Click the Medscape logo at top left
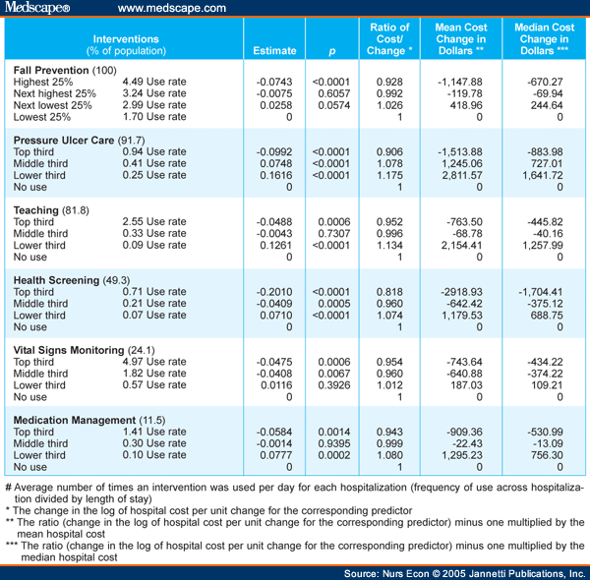[x=37, y=8]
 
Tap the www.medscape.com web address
[x=172, y=8]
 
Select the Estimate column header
[x=274, y=51]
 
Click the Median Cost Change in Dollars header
[x=544, y=39]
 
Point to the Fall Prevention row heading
[x=65, y=71]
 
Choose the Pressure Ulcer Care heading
[x=79, y=141]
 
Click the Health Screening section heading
[x=72, y=280]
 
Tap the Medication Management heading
[x=89, y=420]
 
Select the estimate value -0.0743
[x=274, y=82]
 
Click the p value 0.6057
[x=333, y=93]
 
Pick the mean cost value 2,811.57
[x=462, y=175]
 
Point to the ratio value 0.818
[x=389, y=292]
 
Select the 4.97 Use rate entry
[x=154, y=362]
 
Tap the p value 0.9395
[x=333, y=443]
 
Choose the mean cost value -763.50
[x=464, y=222]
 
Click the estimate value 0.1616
[x=275, y=175]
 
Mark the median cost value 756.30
[x=547, y=455]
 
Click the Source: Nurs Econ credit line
[x=464, y=573]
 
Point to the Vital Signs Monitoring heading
[x=84, y=350]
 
